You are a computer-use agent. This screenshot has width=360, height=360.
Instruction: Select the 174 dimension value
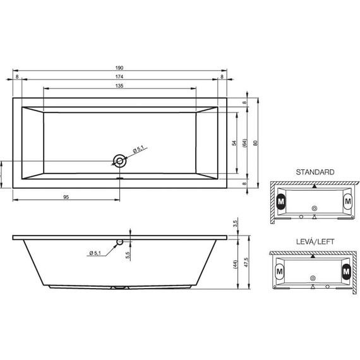119,76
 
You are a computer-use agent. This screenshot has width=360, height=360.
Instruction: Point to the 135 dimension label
119,85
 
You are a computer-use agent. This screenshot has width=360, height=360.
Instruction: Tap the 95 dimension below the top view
66,196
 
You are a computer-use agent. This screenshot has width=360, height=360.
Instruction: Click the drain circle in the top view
119,160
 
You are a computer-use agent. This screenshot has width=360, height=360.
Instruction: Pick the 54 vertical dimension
234,143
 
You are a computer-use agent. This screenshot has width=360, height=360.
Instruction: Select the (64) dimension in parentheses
244,143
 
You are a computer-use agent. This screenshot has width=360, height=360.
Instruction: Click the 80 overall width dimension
255,143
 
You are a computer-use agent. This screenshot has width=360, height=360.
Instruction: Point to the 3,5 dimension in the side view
234,224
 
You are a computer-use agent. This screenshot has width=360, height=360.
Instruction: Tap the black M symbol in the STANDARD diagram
282,201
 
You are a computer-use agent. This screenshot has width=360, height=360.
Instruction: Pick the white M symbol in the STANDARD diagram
347,201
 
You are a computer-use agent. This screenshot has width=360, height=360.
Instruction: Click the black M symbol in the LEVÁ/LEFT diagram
345,272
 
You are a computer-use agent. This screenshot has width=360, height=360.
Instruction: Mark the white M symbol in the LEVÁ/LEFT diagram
280,272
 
